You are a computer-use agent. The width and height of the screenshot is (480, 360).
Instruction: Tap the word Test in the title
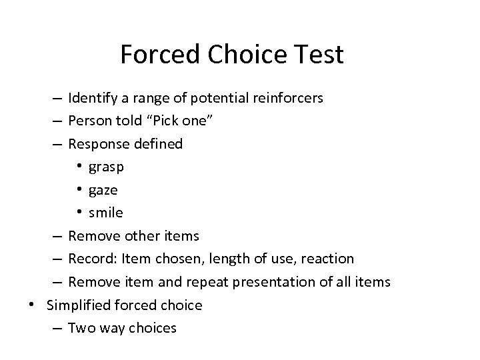tap(319, 55)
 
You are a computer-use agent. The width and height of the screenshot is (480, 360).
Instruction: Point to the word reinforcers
tap(289, 99)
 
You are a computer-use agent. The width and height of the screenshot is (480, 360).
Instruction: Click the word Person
tap(90, 121)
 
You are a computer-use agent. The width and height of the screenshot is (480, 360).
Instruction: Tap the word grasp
tap(106, 167)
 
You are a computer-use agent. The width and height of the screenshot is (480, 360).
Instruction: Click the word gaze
tap(103, 190)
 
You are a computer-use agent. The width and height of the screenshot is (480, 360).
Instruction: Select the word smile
tap(105, 213)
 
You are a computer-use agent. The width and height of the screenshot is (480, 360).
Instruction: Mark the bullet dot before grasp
tap(79, 167)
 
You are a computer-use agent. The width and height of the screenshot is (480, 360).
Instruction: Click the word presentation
tap(274, 282)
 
